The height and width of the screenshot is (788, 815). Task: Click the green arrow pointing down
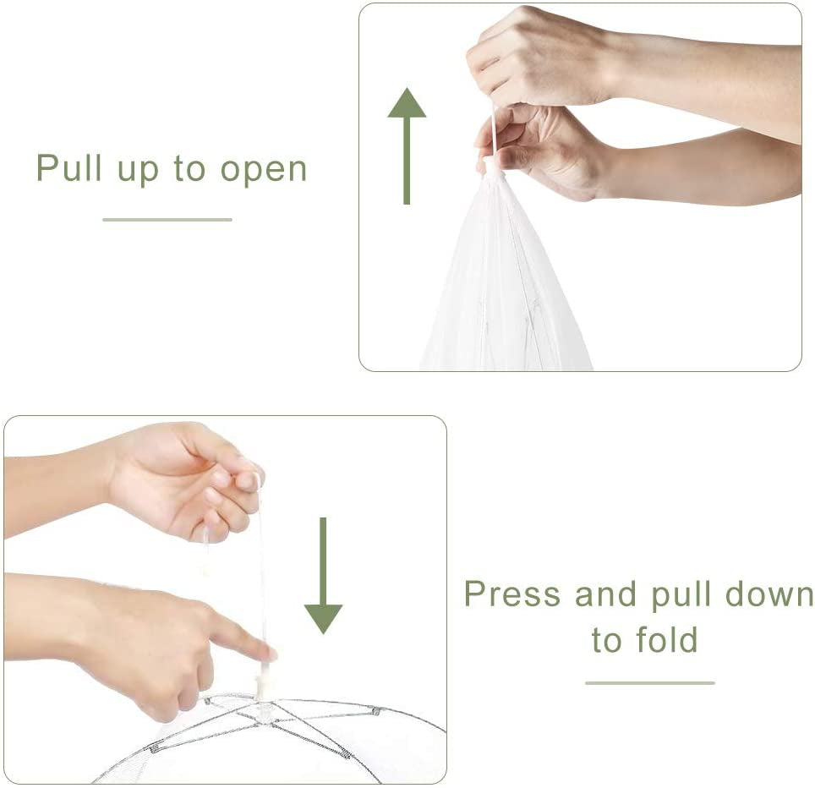[x=323, y=577]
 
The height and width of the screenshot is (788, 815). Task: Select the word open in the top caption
[x=264, y=170]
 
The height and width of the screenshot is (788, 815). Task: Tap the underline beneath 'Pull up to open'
[x=167, y=220]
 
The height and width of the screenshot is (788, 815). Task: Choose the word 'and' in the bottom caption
[x=604, y=594]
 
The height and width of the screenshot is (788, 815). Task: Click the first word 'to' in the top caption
[x=189, y=168]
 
